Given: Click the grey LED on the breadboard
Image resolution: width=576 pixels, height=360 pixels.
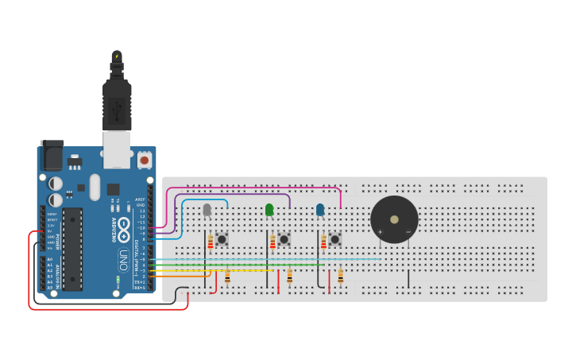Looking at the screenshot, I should (x=207, y=210).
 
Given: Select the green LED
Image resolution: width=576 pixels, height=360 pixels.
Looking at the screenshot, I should (x=269, y=210).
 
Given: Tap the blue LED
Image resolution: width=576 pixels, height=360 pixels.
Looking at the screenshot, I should (x=320, y=210).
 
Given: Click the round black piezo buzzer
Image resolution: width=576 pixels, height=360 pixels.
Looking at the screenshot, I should (x=394, y=219).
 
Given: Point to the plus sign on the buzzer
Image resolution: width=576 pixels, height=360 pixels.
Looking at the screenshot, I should (x=380, y=232).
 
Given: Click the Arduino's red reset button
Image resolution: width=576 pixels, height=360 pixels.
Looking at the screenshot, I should (x=144, y=160).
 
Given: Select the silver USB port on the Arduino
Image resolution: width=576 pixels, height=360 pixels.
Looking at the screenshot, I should (x=117, y=149).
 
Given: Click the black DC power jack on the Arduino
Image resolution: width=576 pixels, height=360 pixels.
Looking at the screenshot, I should (x=52, y=156).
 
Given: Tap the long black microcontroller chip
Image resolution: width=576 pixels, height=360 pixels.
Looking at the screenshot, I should (x=72, y=249).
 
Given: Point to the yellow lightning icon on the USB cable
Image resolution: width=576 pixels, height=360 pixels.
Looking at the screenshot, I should (x=117, y=56).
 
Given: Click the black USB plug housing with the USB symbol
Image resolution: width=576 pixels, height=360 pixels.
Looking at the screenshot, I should (x=117, y=103).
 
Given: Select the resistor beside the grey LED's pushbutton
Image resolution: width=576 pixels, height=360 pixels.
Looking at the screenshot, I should (x=211, y=241).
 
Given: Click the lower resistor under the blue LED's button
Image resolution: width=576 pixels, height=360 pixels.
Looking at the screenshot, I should (x=340, y=276).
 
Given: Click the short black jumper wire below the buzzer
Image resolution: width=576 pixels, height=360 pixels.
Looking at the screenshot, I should (x=408, y=279).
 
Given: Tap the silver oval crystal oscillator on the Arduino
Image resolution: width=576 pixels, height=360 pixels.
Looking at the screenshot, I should (x=95, y=187).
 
